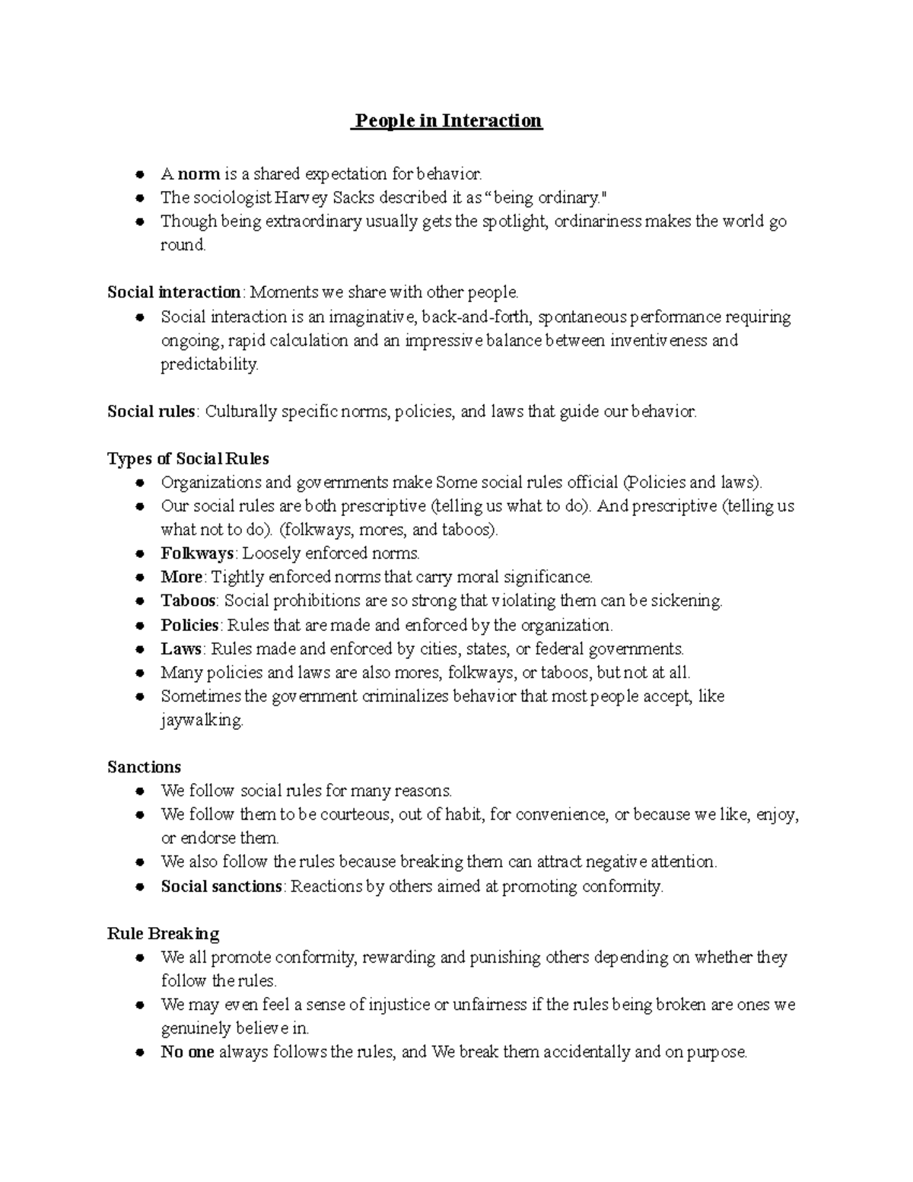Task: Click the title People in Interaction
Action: point(447,121)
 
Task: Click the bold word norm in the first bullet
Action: point(199,174)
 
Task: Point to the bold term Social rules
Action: point(151,412)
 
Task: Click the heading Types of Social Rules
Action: point(188,459)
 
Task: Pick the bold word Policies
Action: point(189,625)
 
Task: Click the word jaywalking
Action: point(201,721)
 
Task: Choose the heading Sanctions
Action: point(144,767)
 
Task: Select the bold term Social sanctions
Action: point(221,887)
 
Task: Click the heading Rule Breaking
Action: point(163,934)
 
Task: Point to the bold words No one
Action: point(187,1053)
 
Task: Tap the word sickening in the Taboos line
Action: point(685,601)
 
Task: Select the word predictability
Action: point(208,365)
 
